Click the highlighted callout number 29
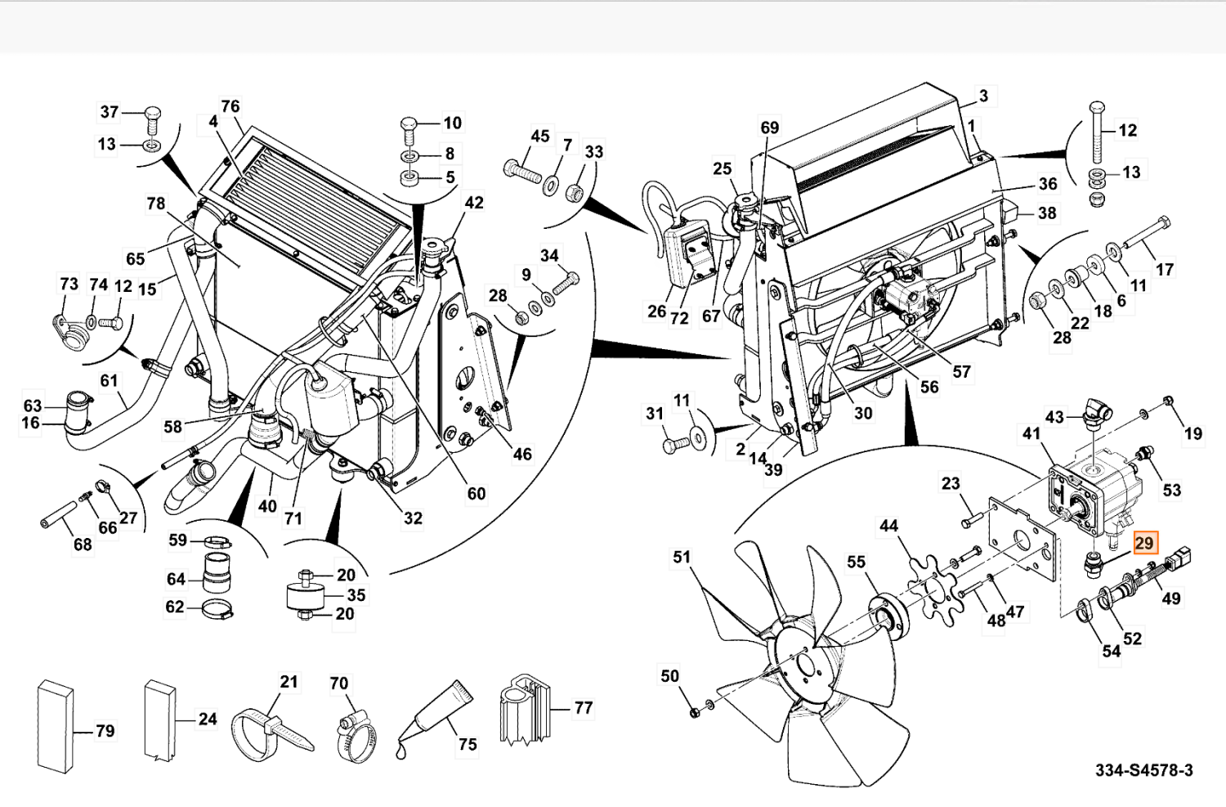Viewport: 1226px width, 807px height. (x=1144, y=543)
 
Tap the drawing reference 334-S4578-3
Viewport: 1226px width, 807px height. (x=1143, y=770)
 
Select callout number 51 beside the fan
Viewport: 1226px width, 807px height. (x=682, y=558)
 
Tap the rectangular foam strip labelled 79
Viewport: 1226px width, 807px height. (x=55, y=726)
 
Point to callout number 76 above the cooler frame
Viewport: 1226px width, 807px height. (x=230, y=106)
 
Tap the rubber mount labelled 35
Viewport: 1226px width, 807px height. (x=306, y=596)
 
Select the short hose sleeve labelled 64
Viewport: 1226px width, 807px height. (x=217, y=572)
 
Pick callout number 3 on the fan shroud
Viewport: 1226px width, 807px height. (x=983, y=96)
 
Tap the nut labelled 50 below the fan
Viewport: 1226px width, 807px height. (x=694, y=711)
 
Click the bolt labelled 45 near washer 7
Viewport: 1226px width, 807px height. (x=523, y=172)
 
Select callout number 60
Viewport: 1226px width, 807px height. (x=477, y=493)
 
